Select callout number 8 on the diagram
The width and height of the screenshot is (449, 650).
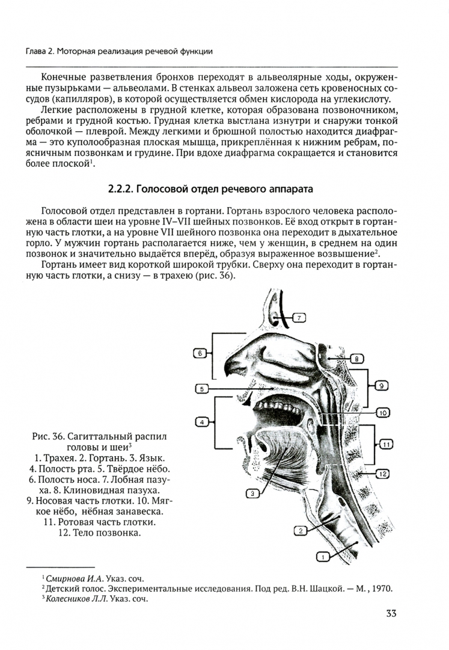click(x=355, y=359)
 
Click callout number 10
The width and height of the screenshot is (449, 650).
click(x=383, y=413)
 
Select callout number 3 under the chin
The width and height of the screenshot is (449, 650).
click(x=253, y=493)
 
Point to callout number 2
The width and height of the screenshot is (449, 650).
click(x=301, y=530)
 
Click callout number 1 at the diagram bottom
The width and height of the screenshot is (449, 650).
click(x=323, y=557)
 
